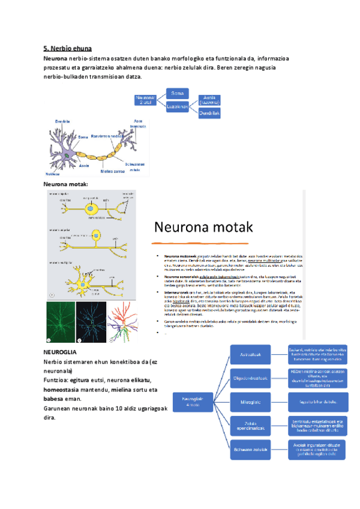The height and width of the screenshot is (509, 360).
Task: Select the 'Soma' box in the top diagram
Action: (178, 94)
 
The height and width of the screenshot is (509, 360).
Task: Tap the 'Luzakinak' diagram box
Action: (178, 107)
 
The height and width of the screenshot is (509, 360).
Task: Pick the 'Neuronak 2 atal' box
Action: (146, 100)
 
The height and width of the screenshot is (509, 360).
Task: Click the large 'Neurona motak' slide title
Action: (205, 227)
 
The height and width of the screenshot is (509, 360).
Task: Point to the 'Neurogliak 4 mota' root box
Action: (193, 401)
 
